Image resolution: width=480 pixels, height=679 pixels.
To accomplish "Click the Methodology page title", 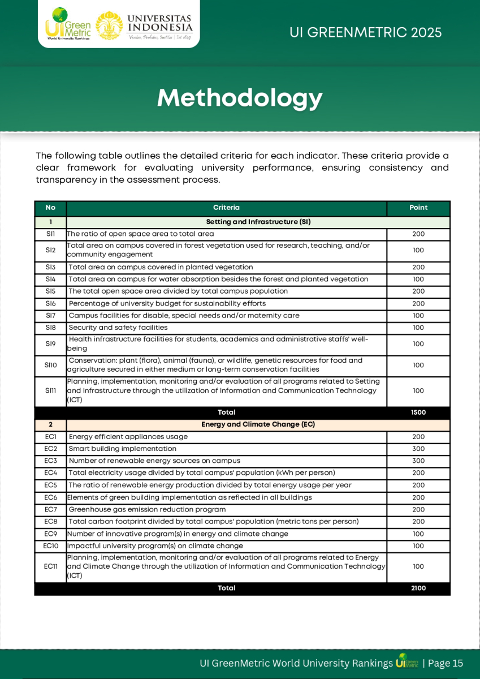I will click(240, 98).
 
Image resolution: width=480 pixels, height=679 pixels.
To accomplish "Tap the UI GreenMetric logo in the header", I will click(68, 24).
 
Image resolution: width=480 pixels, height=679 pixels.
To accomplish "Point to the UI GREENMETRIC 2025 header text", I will click(365, 33).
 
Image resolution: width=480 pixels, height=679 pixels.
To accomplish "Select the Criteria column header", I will click(226, 208).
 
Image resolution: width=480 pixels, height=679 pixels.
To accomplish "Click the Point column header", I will click(418, 208).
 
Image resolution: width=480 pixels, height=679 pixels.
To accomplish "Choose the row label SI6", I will click(50, 303).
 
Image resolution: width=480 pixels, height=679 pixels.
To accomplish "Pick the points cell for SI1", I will click(418, 234).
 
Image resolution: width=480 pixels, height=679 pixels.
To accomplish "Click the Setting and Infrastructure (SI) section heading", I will click(258, 222).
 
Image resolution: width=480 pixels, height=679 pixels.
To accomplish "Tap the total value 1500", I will click(418, 412).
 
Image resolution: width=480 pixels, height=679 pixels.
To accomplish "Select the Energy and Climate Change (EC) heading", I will click(258, 424).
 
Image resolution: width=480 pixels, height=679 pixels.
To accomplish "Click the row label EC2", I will click(50, 449).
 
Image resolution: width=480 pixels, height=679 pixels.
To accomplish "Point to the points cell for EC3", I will click(418, 461).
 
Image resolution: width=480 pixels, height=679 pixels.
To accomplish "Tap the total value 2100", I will click(418, 588).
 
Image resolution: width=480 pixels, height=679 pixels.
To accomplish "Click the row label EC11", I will click(50, 566).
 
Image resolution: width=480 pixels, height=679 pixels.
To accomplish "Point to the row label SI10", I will click(50, 365).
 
